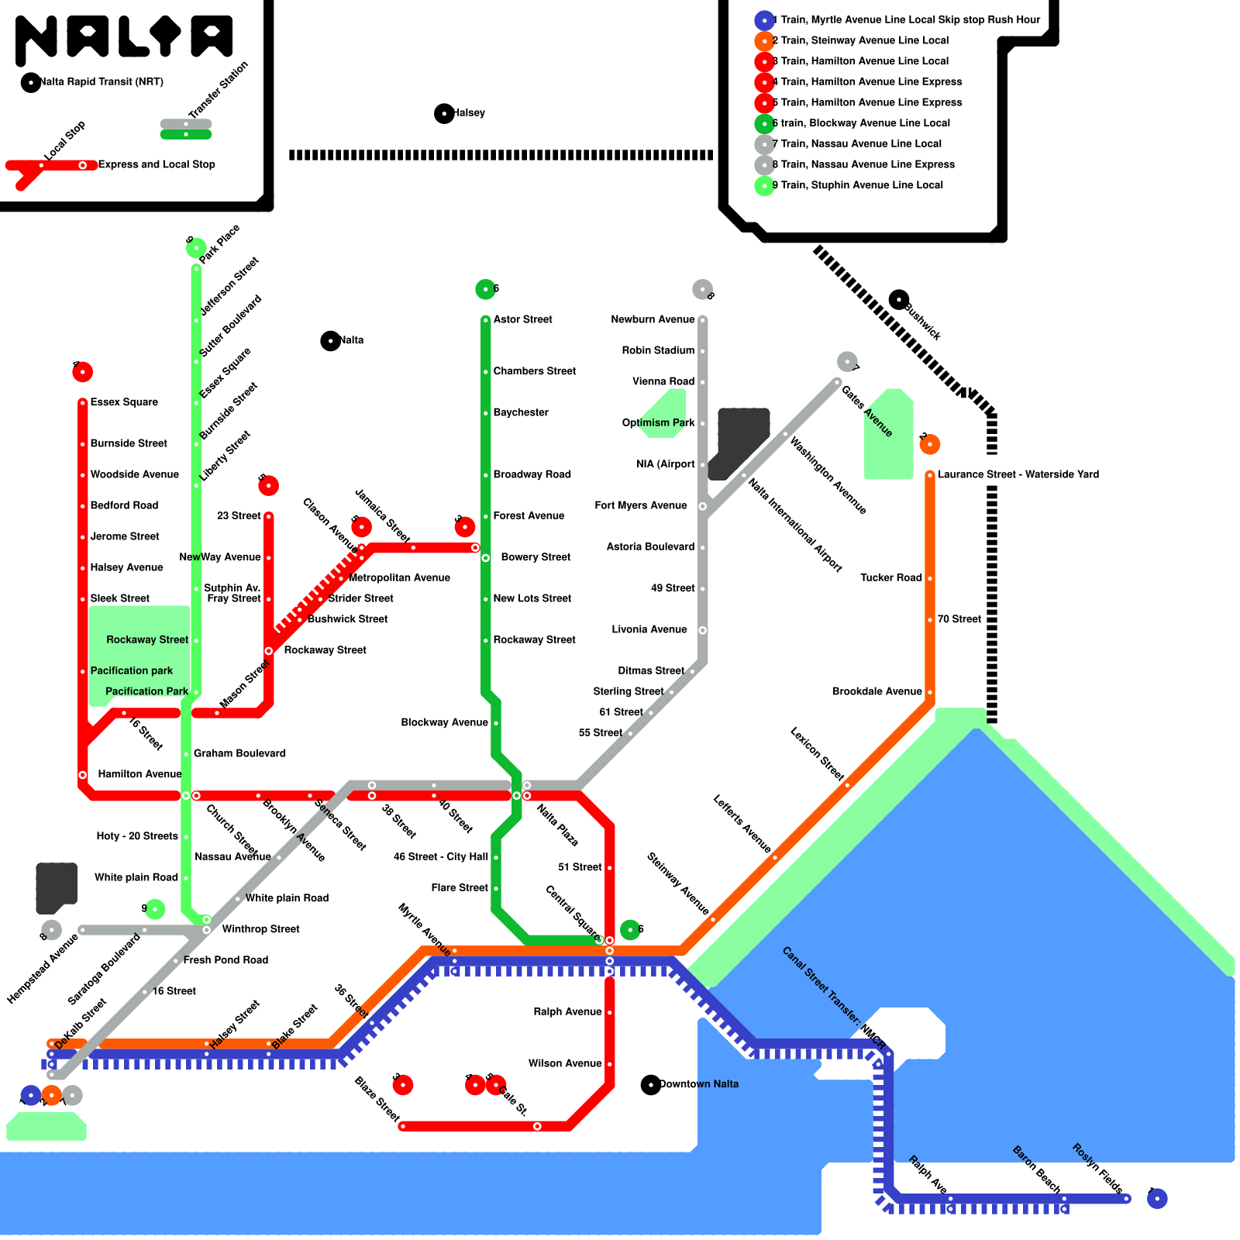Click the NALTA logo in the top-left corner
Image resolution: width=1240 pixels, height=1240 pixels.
[x=124, y=39]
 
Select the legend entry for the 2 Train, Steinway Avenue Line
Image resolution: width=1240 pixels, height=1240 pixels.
[x=860, y=40]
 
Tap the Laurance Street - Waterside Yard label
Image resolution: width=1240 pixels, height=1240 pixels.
[x=1018, y=474]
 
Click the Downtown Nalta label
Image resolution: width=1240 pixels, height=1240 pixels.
[x=698, y=1084]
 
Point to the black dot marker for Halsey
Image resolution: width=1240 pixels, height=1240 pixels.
[x=444, y=114]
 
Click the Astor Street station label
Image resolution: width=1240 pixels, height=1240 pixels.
[x=522, y=319]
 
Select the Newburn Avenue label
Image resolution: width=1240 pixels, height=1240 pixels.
[x=653, y=319]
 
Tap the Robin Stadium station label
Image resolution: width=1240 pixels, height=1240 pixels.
[x=658, y=350]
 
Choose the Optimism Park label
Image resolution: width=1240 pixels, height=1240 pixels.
[x=658, y=422]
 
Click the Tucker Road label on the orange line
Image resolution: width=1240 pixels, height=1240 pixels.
[x=890, y=577]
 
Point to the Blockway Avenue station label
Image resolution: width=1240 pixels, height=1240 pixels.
[x=444, y=722]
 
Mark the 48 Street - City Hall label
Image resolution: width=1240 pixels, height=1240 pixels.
[x=440, y=856]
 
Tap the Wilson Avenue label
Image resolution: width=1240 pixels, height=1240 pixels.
[x=565, y=1063]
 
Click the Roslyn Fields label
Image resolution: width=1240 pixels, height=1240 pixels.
[x=1097, y=1168]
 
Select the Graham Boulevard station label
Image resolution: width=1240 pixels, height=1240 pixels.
[x=239, y=753]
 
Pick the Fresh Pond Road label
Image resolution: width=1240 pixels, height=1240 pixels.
[x=226, y=960]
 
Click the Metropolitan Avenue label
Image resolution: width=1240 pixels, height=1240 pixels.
[x=399, y=577]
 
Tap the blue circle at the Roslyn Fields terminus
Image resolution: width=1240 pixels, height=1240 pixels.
[x=1157, y=1199]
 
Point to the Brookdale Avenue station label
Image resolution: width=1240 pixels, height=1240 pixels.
[x=877, y=691]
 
